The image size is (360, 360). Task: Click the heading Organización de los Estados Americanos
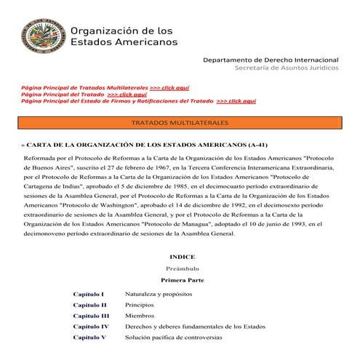click(x=123, y=36)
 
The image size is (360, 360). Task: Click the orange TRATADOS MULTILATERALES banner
click(x=180, y=122)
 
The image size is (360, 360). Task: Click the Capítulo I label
click(x=89, y=294)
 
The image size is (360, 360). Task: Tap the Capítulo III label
click(x=91, y=316)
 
